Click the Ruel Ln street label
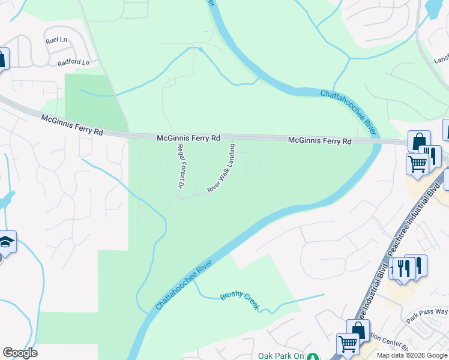(x=56, y=40)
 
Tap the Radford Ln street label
(x=73, y=62)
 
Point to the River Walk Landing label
(x=221, y=168)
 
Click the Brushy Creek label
(x=240, y=300)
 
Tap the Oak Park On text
(x=281, y=356)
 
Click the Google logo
(x=20, y=353)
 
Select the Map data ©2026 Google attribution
(x=411, y=355)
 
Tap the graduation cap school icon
(x=5, y=242)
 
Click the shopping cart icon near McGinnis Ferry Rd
(x=417, y=163)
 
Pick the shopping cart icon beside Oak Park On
(x=347, y=344)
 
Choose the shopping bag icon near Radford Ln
(x=2, y=59)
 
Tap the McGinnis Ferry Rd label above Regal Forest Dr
(x=188, y=138)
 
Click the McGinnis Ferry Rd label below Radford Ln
(x=72, y=125)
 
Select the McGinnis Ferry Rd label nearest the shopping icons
(x=319, y=141)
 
